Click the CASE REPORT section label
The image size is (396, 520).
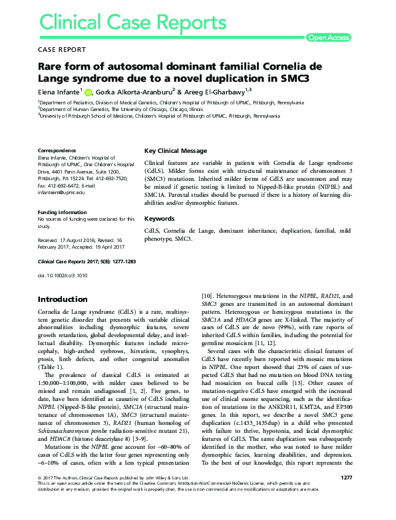[63, 49]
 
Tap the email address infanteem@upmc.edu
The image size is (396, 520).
[61, 193]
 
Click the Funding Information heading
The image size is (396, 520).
[65, 211]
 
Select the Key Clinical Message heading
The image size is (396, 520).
[176, 151]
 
